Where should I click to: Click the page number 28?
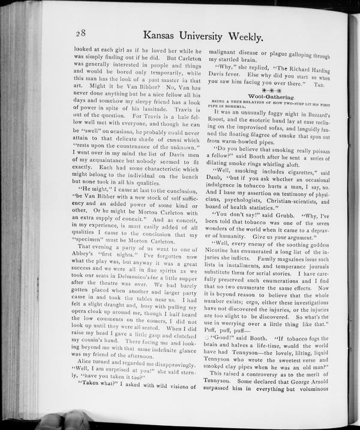click(83, 34)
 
